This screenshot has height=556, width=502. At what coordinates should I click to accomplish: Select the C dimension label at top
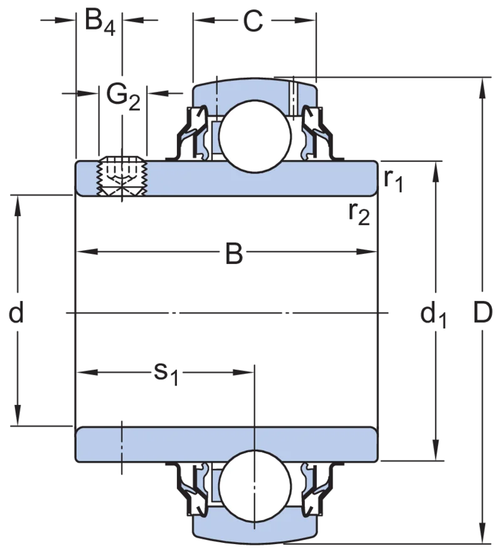[253, 21]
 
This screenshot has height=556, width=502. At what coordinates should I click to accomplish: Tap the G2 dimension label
[123, 97]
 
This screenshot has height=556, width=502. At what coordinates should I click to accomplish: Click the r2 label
[359, 214]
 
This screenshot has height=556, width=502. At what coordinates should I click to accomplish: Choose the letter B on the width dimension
[234, 253]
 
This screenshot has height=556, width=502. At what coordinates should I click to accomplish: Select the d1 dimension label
[433, 315]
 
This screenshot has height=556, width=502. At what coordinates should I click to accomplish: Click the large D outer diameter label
[483, 313]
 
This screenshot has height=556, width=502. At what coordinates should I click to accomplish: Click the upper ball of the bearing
[255, 135]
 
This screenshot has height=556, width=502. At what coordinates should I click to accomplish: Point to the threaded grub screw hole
[122, 176]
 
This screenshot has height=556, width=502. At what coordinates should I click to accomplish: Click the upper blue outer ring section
[255, 91]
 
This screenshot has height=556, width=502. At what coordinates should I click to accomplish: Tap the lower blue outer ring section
[255, 529]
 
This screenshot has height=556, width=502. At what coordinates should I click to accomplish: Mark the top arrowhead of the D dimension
[482, 88]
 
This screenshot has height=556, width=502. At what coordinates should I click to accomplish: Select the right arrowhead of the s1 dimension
[243, 372]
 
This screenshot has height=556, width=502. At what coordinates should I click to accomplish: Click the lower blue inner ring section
[227, 444]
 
